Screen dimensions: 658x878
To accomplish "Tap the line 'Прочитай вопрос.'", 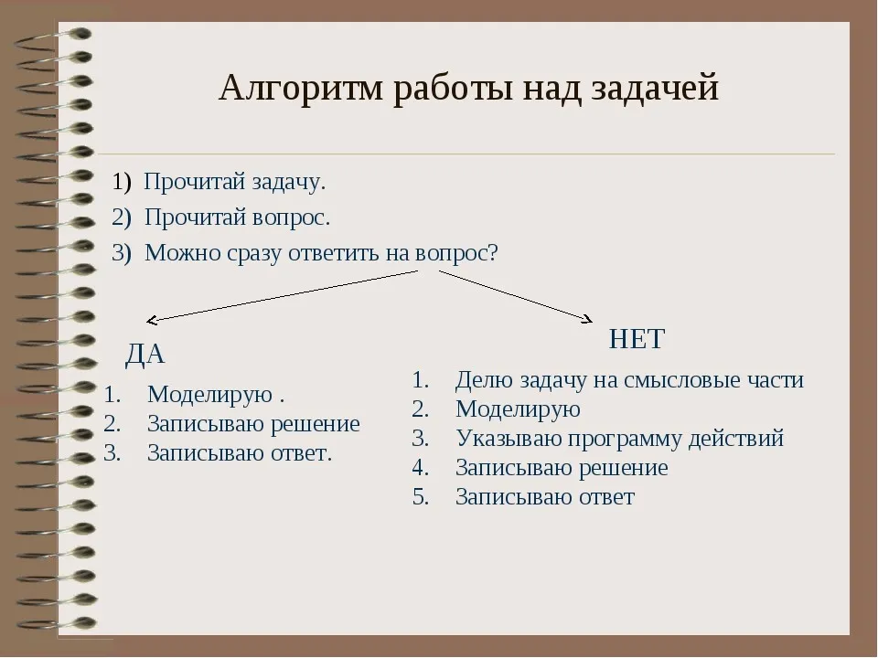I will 237,218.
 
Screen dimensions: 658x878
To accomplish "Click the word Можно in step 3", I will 177,253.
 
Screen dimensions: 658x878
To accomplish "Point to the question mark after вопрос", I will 493,253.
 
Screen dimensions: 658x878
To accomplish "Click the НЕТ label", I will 636,339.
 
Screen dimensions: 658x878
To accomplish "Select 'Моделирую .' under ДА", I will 216,395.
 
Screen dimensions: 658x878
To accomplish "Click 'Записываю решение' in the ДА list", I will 253,424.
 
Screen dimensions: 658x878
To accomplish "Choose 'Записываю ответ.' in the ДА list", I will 240,452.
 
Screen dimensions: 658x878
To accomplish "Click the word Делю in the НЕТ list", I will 478,380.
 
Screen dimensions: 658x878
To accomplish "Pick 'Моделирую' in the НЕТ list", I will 518,409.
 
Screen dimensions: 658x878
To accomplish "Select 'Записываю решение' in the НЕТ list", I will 562,468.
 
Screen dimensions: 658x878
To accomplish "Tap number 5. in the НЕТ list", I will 421,497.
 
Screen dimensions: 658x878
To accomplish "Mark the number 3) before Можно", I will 122,253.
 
